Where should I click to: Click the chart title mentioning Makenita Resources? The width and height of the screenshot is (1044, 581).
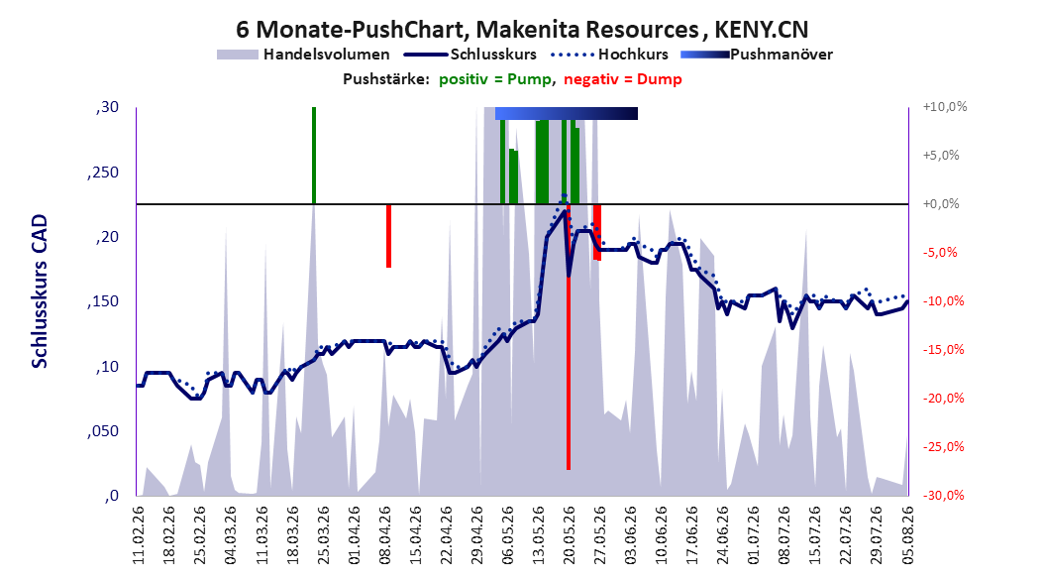[522, 30]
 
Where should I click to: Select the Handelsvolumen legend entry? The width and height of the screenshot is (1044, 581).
[304, 55]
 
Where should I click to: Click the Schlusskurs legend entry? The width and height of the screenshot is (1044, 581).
[470, 55]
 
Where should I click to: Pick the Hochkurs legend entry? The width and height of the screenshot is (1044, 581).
[610, 55]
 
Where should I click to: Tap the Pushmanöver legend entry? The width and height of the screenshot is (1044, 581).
[757, 55]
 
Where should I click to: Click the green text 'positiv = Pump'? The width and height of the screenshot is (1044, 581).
[495, 79]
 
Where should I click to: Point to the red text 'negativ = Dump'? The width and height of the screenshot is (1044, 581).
[623, 79]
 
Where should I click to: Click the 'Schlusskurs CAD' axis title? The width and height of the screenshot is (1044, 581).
[40, 291]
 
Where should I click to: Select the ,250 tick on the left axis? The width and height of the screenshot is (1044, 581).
[103, 172]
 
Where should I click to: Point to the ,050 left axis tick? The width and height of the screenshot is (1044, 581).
[103, 431]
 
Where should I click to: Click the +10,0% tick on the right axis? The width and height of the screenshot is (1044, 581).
[945, 107]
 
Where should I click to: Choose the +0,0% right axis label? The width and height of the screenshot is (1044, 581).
[941, 204]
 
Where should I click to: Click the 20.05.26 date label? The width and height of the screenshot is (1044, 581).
[569, 535]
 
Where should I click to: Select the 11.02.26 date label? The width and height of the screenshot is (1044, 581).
[139, 535]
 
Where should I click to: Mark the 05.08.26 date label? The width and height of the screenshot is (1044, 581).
[907, 535]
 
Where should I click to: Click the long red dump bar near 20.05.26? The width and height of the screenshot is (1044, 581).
[569, 336]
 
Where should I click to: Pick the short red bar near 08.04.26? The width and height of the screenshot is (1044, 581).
[389, 236]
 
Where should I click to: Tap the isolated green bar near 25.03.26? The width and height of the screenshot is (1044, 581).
[314, 156]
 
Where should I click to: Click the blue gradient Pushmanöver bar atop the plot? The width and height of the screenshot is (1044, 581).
[567, 113]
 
